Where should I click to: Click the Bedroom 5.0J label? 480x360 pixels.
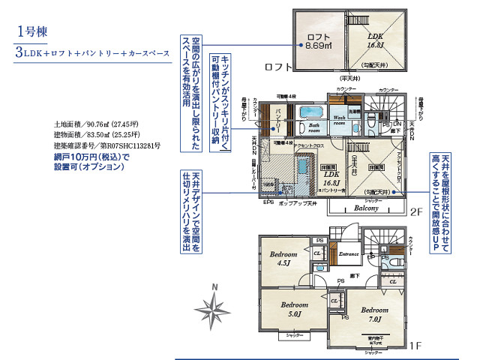coord(295,309)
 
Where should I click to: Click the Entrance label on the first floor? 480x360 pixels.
coord(349,254)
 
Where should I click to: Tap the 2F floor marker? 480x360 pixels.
coord(416,212)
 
